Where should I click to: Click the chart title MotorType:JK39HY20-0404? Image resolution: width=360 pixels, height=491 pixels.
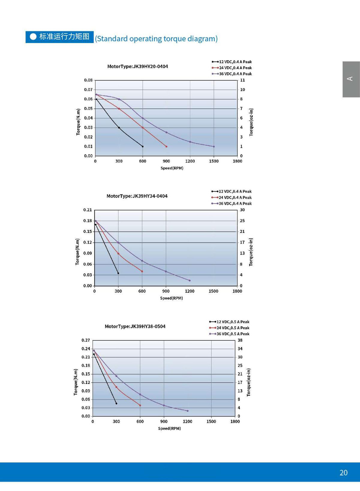tap(138, 66)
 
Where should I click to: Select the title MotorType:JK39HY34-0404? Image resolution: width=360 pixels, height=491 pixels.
tap(137, 196)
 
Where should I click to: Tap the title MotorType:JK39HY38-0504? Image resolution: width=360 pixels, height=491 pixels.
tap(135, 326)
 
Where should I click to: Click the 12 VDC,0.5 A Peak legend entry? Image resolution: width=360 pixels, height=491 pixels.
tap(229, 322)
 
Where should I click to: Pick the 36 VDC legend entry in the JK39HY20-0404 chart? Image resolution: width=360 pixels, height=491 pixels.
tap(232, 74)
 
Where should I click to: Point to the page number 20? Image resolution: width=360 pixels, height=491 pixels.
tap(343, 473)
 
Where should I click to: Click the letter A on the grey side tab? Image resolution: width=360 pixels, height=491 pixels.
tap(350, 79)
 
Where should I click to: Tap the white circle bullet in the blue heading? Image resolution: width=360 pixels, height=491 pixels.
tap(33, 37)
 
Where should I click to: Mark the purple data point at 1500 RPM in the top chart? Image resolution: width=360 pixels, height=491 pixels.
tap(214, 147)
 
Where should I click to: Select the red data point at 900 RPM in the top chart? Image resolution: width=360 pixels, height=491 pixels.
tap(166, 147)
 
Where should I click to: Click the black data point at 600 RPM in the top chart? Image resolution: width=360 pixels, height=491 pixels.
tap(143, 147)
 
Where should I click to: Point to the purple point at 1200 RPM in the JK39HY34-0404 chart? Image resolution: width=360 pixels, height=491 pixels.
tap(190, 280)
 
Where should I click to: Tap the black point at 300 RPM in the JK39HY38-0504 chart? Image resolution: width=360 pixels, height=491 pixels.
tap(116, 404)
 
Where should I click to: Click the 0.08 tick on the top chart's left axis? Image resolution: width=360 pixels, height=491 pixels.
tap(88, 80)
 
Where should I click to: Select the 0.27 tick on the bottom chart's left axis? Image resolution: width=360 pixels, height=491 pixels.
tap(86, 340)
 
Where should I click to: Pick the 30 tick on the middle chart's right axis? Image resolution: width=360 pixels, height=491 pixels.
tap(242, 210)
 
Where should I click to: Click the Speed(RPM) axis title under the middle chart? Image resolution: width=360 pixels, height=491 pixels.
tap(171, 298)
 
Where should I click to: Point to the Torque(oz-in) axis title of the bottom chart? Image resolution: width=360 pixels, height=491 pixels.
tap(248, 382)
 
